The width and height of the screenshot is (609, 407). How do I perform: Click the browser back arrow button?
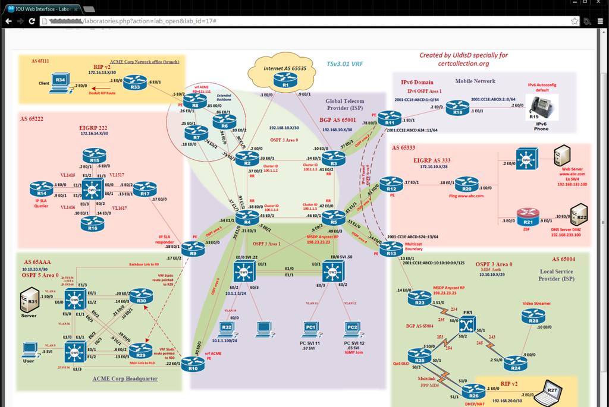[8, 21]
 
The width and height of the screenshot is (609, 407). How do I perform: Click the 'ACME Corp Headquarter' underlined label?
[124, 378]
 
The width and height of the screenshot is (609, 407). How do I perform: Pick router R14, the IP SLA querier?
[41, 190]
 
